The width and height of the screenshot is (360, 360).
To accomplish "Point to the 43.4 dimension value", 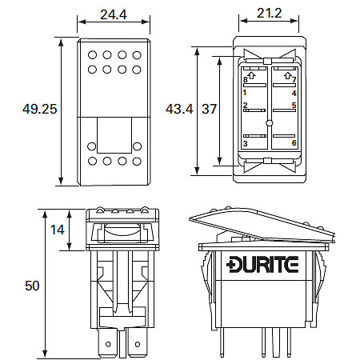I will point(181,108).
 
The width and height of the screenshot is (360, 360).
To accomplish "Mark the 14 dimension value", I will point(57,230).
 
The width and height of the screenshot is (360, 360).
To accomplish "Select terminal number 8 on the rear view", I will point(246,80).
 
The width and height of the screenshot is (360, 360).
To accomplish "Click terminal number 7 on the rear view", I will point(294,80).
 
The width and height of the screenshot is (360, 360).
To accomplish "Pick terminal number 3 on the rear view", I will point(246,142).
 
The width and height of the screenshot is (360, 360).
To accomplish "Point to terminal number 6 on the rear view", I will point(294,142).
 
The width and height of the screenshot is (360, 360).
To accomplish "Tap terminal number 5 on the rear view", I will point(294,106).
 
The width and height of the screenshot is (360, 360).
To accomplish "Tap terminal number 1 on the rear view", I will point(246,92).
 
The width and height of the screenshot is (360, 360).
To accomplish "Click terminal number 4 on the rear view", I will point(294,92).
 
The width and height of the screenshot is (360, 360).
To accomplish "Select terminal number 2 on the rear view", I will point(246,106).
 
